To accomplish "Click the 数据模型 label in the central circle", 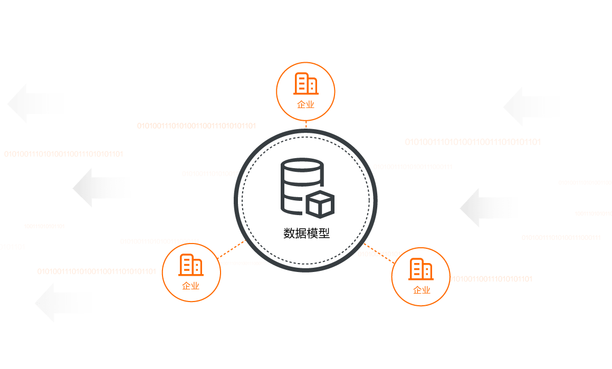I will coord(306,234).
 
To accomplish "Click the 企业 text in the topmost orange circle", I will coord(305,104).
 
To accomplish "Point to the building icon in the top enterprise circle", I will coord(306,84).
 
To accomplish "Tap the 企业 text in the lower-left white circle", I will coord(190,286).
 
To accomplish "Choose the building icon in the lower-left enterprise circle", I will coord(191,265).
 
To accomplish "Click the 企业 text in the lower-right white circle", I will coord(422,290).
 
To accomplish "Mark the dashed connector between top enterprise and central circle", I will coord(306,125).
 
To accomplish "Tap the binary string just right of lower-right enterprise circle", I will coord(491,279).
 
